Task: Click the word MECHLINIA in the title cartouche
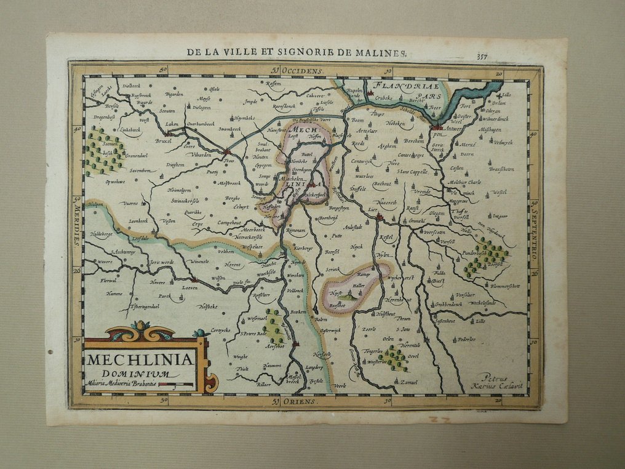tap(140, 359)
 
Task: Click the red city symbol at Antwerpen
tap(437, 127)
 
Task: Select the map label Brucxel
tap(163, 140)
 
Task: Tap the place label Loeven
tap(190, 286)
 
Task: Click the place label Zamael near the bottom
tap(408, 382)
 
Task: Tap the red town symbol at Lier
tap(379, 217)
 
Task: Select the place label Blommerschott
tap(504, 286)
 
